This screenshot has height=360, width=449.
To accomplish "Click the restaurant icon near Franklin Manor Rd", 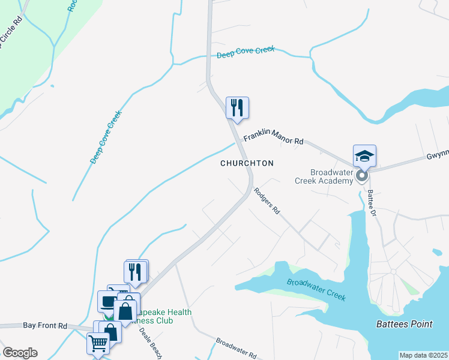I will [237, 108].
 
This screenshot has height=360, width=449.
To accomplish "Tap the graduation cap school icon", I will [364, 156].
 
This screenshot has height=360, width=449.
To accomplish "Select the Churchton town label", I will [247, 163].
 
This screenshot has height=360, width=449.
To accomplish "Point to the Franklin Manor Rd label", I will [273, 139].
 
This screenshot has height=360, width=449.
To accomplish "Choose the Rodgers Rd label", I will [267, 202].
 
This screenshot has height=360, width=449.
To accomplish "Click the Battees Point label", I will [404, 325].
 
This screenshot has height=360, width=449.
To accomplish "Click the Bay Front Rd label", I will [45, 325].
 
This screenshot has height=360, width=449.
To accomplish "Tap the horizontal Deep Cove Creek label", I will [246, 52].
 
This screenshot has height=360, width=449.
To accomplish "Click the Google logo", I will [20, 353].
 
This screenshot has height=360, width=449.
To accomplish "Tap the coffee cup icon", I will [109, 301].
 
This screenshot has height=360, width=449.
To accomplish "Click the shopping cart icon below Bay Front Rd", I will [98, 344].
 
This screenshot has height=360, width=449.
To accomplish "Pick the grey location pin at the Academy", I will [361, 176].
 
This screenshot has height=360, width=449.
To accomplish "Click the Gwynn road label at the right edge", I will [438, 154].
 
